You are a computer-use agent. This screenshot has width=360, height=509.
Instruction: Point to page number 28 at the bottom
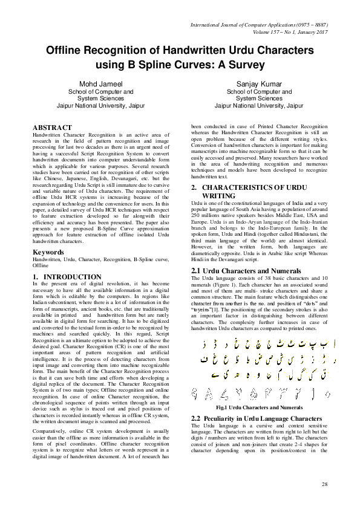[x=324, y=484]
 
